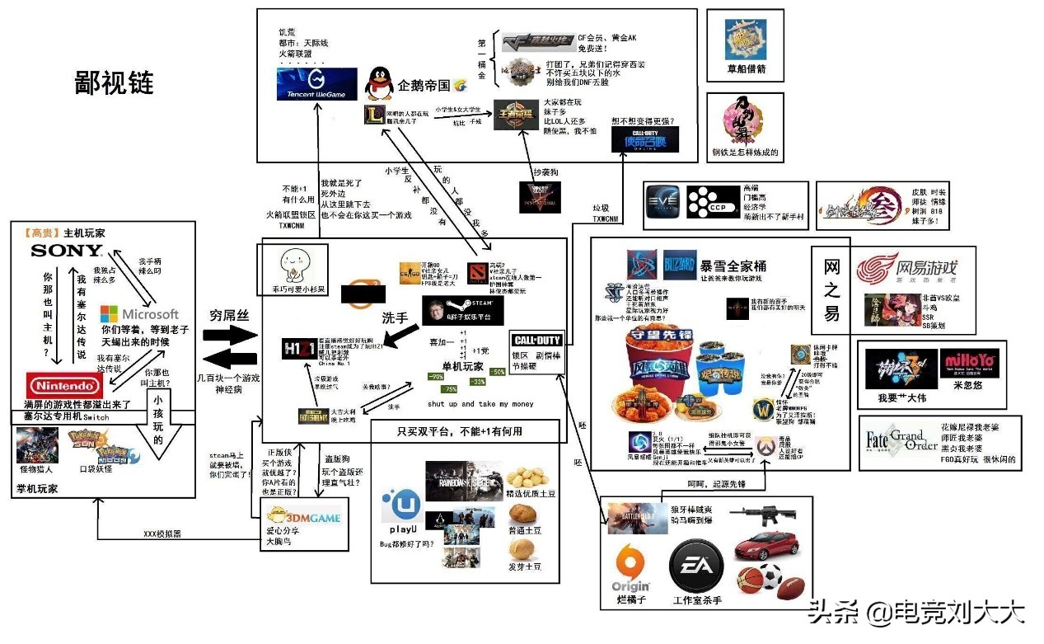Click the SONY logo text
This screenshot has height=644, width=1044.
(x=55, y=251)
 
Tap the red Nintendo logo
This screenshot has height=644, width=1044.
(x=63, y=385)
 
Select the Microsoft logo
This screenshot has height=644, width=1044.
(x=139, y=314)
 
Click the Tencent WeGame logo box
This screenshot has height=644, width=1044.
(x=317, y=85)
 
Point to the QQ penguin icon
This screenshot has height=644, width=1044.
(x=379, y=83)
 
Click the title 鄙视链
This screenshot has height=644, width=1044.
(x=114, y=84)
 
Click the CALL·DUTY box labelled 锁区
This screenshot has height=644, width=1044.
(x=536, y=341)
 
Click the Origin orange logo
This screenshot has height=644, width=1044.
(x=630, y=567)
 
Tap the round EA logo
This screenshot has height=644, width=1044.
(x=696, y=567)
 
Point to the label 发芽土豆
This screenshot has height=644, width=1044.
(x=524, y=566)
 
